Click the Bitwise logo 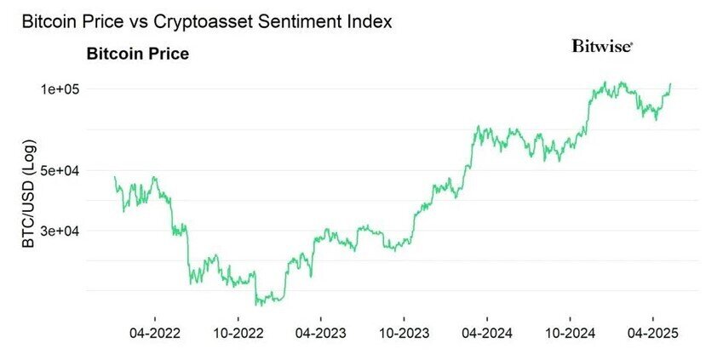(x=602, y=47)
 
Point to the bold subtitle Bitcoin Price (x=138, y=54)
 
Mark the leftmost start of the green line (x=115, y=177)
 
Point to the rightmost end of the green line (x=670, y=83)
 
